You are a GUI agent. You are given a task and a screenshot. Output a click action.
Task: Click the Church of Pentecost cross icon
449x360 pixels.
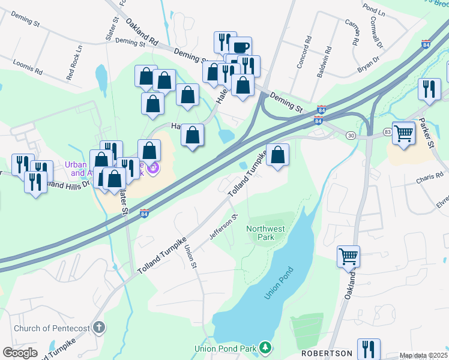[x=100, y=328]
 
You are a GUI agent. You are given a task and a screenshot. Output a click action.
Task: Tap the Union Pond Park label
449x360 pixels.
[x=226, y=348]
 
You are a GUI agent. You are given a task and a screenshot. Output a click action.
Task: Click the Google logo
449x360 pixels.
[x=20, y=353]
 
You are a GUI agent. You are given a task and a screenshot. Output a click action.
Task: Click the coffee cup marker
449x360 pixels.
[x=240, y=47]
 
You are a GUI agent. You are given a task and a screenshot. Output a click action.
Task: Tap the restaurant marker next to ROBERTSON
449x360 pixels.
[x=369, y=349]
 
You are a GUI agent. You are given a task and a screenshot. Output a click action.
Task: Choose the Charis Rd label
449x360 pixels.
[x=432, y=181]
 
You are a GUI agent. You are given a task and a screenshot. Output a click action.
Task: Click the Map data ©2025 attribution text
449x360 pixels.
[x=423, y=356]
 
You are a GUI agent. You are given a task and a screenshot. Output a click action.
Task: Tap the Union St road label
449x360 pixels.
[x=191, y=256]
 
